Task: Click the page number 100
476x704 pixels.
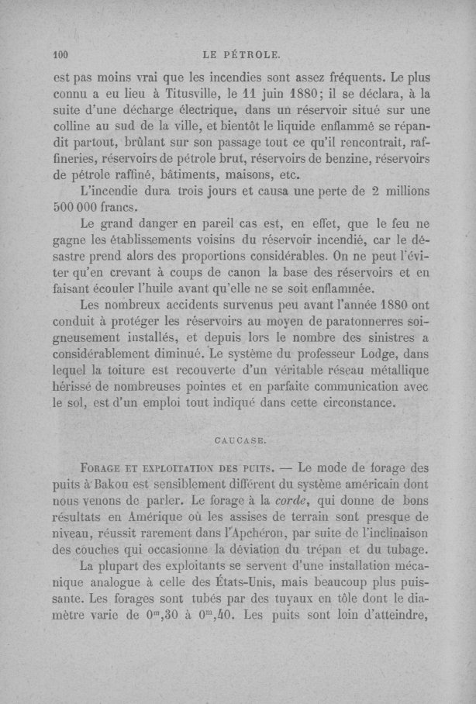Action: coord(60,55)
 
